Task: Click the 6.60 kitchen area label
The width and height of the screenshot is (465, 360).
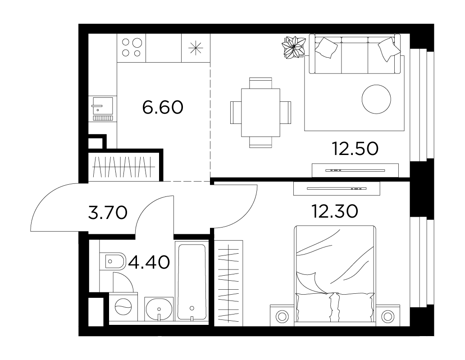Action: (163, 107)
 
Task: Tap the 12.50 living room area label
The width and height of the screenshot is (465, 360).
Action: (355, 149)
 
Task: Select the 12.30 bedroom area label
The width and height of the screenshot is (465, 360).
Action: (335, 211)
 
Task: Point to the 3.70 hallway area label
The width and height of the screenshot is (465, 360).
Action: (108, 213)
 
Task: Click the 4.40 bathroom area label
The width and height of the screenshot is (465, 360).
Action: (148, 262)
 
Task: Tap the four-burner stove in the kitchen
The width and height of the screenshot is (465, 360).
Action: (132, 48)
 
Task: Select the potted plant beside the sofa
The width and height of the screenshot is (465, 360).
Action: (293, 47)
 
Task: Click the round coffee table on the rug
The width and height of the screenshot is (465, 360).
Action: (376, 99)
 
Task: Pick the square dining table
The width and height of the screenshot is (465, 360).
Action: (261, 113)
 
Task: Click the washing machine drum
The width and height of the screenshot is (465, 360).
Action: (123, 306)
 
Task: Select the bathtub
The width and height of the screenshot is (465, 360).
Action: (191, 282)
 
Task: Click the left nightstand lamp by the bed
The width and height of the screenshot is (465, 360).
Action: (282, 316)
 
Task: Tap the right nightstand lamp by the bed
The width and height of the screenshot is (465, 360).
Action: (387, 316)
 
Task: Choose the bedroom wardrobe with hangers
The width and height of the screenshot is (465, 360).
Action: (228, 283)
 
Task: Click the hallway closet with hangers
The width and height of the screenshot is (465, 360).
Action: (124, 167)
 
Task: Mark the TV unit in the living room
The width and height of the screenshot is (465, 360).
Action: (355, 170)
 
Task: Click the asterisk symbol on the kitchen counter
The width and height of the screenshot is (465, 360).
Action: (196, 48)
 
